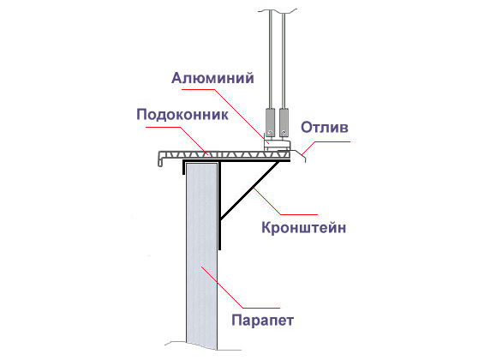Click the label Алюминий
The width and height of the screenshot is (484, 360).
(x=212, y=78)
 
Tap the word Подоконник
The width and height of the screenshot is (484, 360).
(x=182, y=115)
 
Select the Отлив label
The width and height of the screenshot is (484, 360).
(x=325, y=127)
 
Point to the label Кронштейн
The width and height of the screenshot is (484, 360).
(x=304, y=228)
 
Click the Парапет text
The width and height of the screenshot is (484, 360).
(x=262, y=321)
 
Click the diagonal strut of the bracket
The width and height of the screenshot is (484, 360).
(x=250, y=190)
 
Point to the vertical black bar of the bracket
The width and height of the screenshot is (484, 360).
(x=219, y=206)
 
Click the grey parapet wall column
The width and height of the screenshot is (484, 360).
(x=201, y=256)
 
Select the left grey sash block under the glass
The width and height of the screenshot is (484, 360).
(x=270, y=122)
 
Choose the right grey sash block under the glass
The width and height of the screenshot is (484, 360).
(x=284, y=122)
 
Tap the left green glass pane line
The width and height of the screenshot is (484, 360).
(x=271, y=59)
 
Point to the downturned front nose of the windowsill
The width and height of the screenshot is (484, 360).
(x=160, y=159)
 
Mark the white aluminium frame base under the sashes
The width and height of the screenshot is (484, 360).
(x=277, y=144)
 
